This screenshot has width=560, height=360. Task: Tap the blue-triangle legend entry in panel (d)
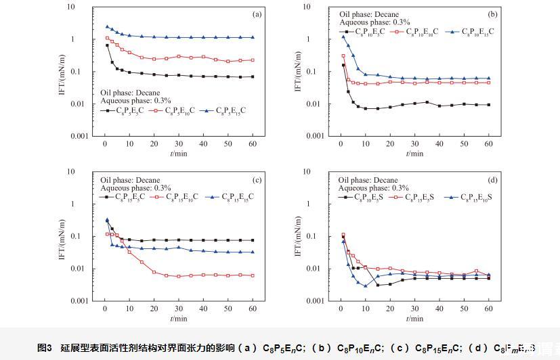(x=471, y=197)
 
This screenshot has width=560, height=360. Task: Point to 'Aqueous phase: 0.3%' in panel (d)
(x=374, y=188)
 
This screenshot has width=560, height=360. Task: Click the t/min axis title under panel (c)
(x=179, y=318)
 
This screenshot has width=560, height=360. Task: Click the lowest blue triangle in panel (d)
(x=365, y=286)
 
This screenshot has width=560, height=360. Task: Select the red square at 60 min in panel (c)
(x=253, y=275)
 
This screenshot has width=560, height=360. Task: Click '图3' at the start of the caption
(x=45, y=348)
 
